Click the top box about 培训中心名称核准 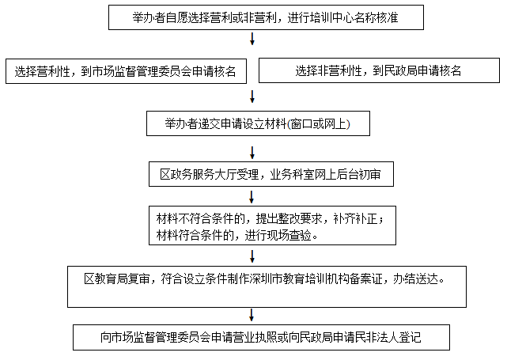266,17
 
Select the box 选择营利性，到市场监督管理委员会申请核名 126,71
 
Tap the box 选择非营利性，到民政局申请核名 379,70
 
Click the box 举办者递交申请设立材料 258,123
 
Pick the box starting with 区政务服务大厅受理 271,174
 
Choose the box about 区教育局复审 267,286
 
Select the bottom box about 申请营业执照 261,337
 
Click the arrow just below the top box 252,39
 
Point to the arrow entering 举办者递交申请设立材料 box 252,97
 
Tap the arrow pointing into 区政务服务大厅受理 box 252,153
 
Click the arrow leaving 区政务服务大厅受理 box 252,197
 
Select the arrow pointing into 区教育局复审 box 252,256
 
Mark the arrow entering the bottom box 252,315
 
